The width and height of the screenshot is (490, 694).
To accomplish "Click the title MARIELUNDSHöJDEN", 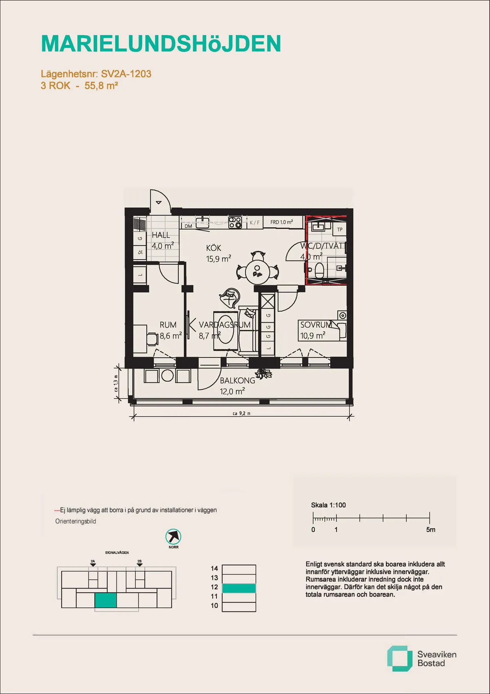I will (x=161, y=44).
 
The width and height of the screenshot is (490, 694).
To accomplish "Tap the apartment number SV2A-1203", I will (x=126, y=74).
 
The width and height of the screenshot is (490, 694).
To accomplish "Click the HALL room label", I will (x=161, y=235).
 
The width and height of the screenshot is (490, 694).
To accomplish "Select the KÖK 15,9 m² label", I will (x=218, y=254).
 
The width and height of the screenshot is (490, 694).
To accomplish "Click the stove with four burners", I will (x=235, y=222).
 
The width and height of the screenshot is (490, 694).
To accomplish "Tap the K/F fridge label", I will (x=254, y=222).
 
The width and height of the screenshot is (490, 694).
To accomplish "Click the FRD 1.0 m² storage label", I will (x=281, y=222).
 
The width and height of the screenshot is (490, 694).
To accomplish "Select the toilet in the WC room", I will (x=319, y=270).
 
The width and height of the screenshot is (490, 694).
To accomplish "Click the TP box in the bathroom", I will (x=340, y=229).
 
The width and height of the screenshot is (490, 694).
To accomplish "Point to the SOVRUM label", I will (x=316, y=325).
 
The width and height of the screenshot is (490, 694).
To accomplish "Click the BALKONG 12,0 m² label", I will (x=237, y=386).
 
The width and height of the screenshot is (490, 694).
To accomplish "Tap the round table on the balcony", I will (x=167, y=375).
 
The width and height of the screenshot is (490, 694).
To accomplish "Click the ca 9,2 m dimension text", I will (x=241, y=413).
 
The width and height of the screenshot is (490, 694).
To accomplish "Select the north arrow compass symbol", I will (x=174, y=537).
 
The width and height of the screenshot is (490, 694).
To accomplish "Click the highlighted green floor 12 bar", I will (x=239, y=588).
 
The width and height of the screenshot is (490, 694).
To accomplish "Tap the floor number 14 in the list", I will (x=214, y=568).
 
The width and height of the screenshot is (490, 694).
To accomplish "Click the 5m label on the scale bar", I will (x=430, y=530).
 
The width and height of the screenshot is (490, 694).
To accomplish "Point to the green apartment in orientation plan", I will (x=106, y=600).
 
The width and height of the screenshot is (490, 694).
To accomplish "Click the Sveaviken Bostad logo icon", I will (x=399, y=658).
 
